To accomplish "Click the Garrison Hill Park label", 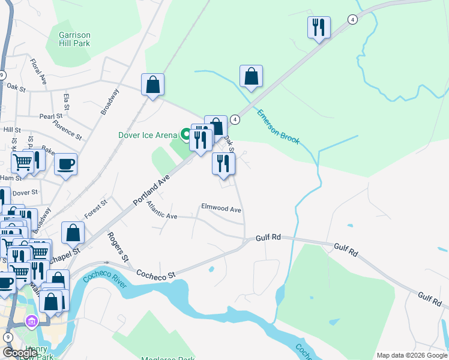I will pos(74,38).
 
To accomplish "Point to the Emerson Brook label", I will pos(277,125).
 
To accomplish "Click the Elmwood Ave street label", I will pos(221,209).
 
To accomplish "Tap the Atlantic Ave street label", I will pos(162,210).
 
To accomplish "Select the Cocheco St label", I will pos(155,274).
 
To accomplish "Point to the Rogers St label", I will pos(118,246).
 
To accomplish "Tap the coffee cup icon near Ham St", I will pos(65,164).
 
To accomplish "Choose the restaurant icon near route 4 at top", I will pos(319,28).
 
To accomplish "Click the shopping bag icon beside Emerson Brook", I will pos(251,77).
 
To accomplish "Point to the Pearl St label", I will pos(51,116).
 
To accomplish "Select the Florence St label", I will pos(67,128).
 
